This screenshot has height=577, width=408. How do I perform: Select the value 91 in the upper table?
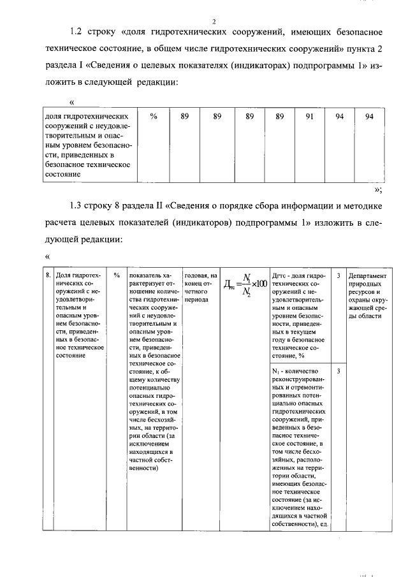point(309,117)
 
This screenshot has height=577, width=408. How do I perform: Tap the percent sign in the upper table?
point(153,117)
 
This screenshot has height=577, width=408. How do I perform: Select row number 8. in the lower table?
point(48,274)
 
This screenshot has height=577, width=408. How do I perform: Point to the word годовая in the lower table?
point(197,274)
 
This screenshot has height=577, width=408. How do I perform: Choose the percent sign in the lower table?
point(117,274)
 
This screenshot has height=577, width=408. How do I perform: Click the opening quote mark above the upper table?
point(71,102)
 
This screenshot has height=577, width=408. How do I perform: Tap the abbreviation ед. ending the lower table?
point(324,523)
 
